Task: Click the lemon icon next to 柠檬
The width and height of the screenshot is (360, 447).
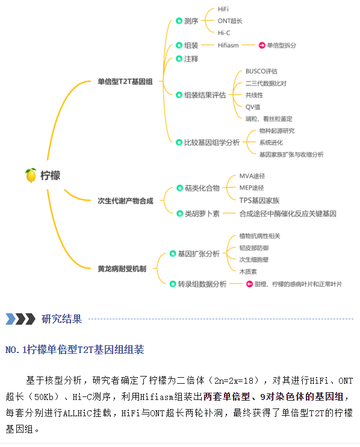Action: pyautogui.click(x=31, y=175)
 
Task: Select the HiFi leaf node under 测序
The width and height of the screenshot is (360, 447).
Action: pyautogui.click(x=223, y=9)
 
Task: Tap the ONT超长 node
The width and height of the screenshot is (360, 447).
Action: pyautogui.click(x=230, y=21)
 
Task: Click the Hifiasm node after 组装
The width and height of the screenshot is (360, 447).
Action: pyautogui.click(x=228, y=45)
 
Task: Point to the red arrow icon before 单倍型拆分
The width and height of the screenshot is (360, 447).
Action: pyautogui.click(x=262, y=45)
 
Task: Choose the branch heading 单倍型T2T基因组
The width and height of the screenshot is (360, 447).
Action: pyautogui.click(x=125, y=81)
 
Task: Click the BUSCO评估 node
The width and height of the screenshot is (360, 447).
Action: pyautogui.click(x=261, y=71)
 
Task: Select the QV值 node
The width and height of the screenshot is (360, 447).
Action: pyautogui.click(x=253, y=107)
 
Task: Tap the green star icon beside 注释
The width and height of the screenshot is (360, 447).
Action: pyautogui.click(x=179, y=58)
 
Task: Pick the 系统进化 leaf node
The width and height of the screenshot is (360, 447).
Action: pyautogui.click(x=271, y=143)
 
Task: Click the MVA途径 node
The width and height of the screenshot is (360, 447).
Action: pyautogui.click(x=252, y=176)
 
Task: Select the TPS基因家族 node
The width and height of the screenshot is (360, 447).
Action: pyautogui.click(x=259, y=201)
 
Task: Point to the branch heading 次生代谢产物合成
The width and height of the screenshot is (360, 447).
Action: pyautogui.click(x=125, y=201)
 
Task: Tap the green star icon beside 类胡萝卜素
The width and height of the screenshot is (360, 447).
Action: pyautogui.click(x=179, y=213)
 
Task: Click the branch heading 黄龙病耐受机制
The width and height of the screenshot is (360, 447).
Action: pyautogui.click(x=122, y=269)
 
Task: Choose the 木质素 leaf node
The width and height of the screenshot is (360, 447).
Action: pyautogui.click(x=248, y=272)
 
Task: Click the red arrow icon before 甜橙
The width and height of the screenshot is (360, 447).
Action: pyautogui.click(x=249, y=284)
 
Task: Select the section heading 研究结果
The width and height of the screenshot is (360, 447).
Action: pyautogui.click(x=61, y=319)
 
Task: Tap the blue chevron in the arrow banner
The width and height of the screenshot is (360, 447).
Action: pyautogui.click(x=11, y=319)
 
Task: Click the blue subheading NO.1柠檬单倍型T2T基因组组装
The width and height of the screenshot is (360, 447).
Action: pyautogui.click(x=75, y=349)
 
